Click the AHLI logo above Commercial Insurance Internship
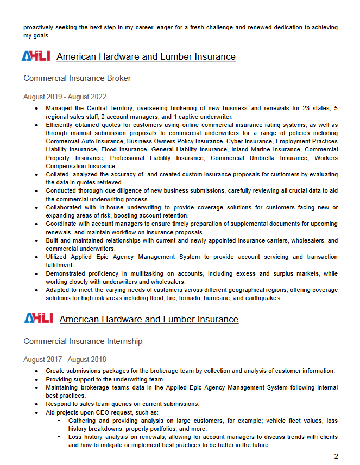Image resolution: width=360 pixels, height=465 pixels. point(38,319)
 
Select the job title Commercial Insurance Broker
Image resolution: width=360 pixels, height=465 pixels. point(77,78)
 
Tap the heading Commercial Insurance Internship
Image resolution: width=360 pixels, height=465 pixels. point(83,341)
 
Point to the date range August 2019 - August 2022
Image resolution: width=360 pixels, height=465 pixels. point(65,97)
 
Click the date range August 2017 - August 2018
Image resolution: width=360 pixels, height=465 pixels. point(65,360)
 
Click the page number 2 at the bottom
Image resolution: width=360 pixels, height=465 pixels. point(336,456)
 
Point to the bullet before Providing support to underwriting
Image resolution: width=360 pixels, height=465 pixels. point(36,379)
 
